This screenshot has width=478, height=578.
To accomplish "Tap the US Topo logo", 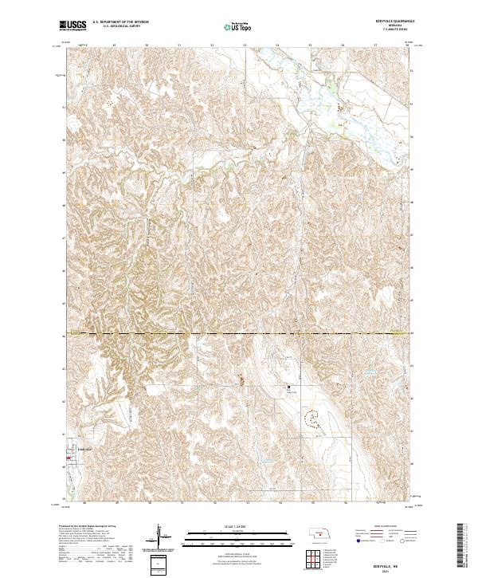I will click(233, 27).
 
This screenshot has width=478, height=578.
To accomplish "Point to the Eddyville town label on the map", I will click(83, 451).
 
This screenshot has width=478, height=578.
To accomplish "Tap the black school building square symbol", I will click(288, 388).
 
